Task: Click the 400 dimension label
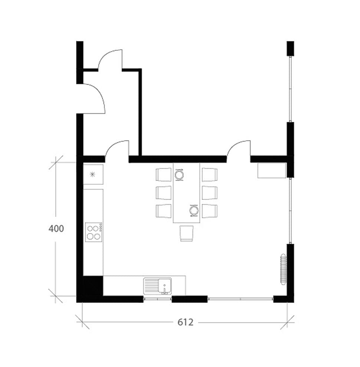(x=56, y=229)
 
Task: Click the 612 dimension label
(x=186, y=323)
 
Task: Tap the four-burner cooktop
(x=94, y=232)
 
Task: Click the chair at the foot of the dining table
(x=187, y=233)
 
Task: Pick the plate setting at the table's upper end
(x=179, y=175)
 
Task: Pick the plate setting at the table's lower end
(x=194, y=211)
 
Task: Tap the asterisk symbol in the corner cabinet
(x=93, y=174)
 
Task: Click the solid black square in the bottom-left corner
(x=93, y=286)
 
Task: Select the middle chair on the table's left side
(x=164, y=193)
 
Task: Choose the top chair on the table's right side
(x=210, y=174)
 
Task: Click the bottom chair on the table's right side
(x=210, y=211)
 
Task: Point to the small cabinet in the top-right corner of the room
(x=272, y=171)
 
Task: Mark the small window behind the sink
(x=157, y=299)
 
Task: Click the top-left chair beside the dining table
(x=164, y=174)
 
